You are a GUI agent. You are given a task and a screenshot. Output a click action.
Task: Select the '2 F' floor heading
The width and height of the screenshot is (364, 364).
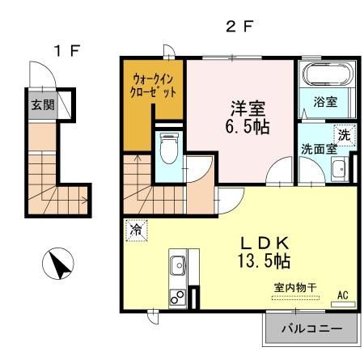(241, 24)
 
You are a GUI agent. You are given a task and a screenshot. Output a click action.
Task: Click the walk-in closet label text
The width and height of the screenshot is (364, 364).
(154, 85)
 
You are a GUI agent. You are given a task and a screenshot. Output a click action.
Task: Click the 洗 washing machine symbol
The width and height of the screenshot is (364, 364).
(345, 135)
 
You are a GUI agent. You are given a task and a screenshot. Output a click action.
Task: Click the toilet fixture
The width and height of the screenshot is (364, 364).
(168, 149)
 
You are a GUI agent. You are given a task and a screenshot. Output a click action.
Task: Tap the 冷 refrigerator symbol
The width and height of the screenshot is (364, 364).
(136, 229)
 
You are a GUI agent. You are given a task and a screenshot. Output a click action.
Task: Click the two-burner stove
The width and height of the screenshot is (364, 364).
(178, 297)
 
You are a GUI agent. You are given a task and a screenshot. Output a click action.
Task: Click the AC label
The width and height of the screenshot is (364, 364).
(342, 294)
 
